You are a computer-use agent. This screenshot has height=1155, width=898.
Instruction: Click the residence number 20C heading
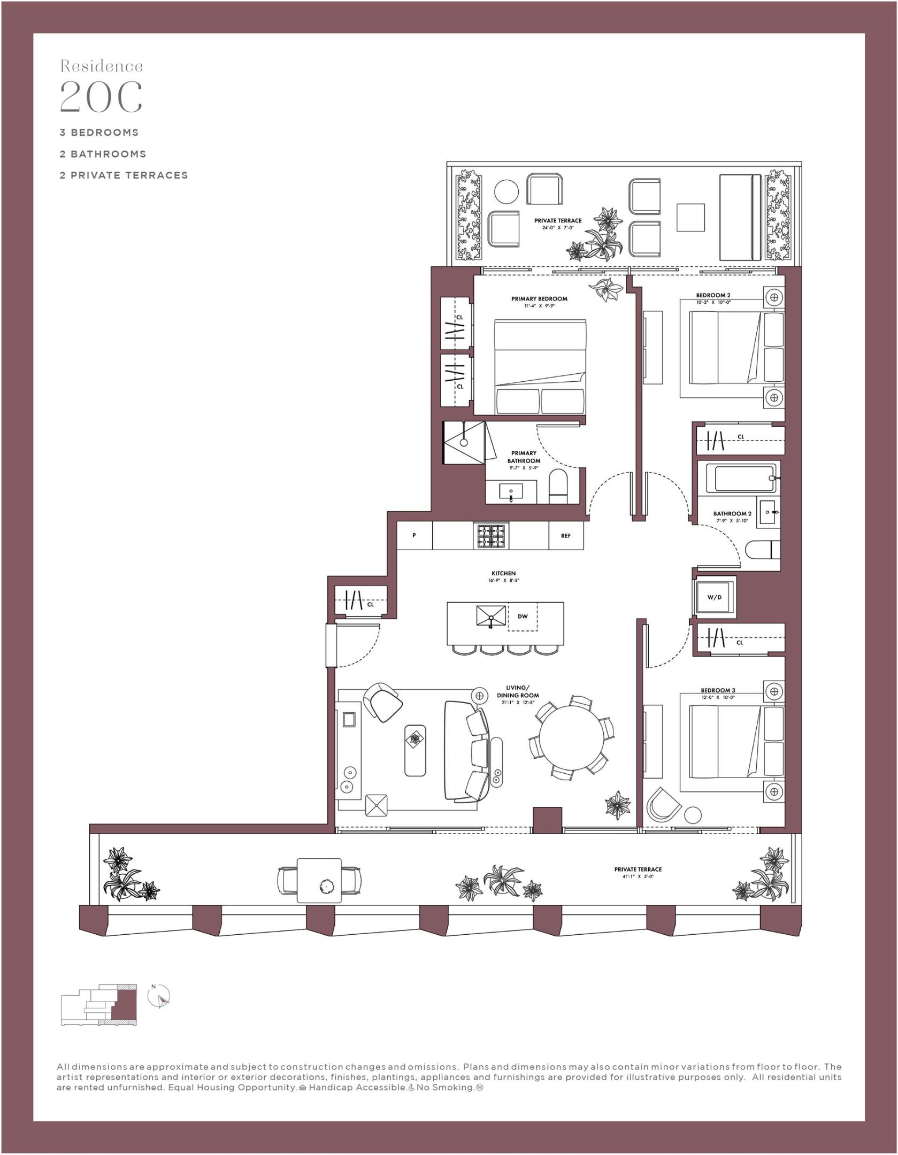pyautogui.click(x=101, y=97)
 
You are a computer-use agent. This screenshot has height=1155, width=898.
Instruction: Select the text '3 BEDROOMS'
pyautogui.click(x=99, y=132)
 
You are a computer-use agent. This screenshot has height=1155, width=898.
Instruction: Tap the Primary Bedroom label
pyautogui.click(x=539, y=299)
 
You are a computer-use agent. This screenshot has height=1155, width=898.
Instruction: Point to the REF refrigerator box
pyautogui.click(x=566, y=536)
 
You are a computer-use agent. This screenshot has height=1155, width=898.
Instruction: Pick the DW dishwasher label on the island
pyautogui.click(x=523, y=617)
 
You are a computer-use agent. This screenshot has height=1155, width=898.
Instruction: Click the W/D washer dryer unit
pyautogui.click(x=715, y=598)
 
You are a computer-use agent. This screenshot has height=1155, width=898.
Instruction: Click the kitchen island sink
pyautogui.click(x=490, y=616)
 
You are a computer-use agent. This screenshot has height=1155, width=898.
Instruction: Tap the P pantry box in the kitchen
pyautogui.click(x=414, y=536)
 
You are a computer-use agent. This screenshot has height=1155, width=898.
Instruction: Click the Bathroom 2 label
pyautogui.click(x=732, y=514)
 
